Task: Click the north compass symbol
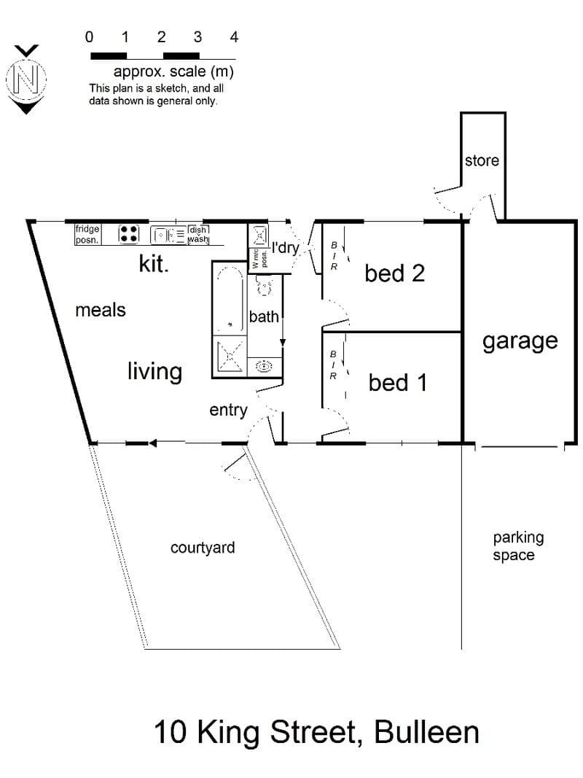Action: (x=26, y=79)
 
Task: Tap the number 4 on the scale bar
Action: (x=234, y=37)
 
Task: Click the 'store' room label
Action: (x=482, y=160)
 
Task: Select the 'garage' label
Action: (x=520, y=342)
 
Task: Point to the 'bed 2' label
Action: (x=394, y=273)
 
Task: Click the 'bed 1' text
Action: (x=398, y=383)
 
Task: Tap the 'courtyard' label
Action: (x=203, y=548)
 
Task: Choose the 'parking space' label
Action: (x=518, y=546)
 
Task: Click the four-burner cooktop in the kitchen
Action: (x=128, y=234)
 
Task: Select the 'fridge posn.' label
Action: (x=87, y=234)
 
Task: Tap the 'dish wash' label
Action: (x=198, y=234)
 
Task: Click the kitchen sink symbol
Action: (x=168, y=234)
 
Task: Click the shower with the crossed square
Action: (x=230, y=356)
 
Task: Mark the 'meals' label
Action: (x=100, y=310)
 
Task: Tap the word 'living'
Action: (x=154, y=372)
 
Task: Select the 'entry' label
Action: (x=228, y=411)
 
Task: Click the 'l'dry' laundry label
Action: (x=286, y=247)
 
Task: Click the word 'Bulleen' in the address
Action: (x=426, y=732)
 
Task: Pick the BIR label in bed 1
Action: (x=333, y=365)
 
